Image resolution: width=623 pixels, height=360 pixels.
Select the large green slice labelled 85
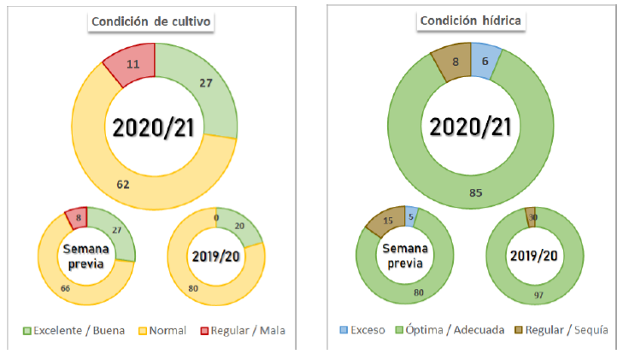475,192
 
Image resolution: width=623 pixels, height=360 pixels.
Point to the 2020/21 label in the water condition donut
470,127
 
